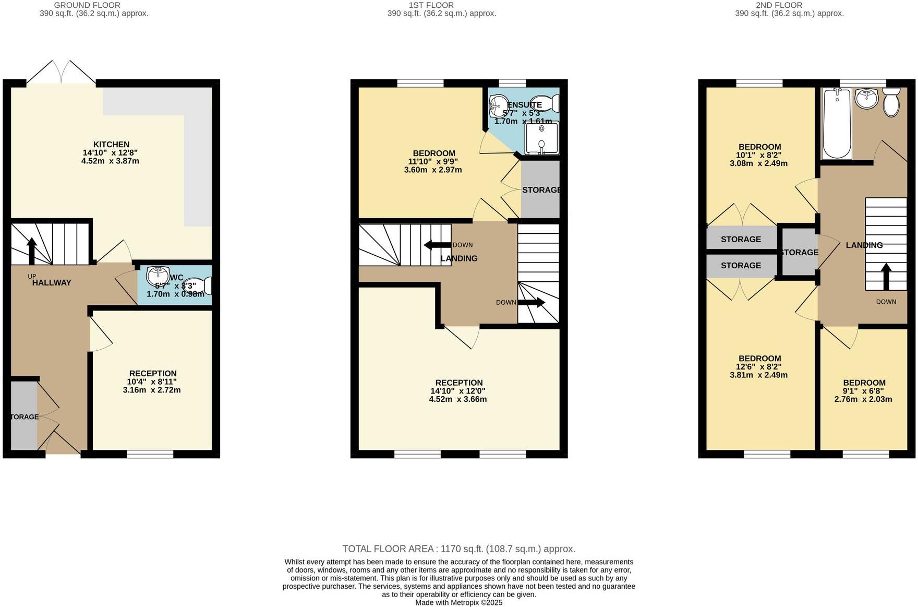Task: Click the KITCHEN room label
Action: point(111,145)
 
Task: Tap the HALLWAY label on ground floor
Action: point(52,283)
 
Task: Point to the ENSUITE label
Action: point(524,105)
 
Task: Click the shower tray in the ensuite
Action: point(541,138)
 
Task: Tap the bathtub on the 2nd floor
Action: point(837,123)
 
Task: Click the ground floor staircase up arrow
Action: point(32,251)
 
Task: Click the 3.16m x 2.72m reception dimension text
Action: point(152,390)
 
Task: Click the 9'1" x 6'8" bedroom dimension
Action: point(863,391)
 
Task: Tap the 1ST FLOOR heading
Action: point(423,5)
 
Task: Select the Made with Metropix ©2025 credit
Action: point(458,602)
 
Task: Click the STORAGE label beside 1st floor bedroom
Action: point(541,190)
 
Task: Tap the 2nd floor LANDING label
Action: point(864,245)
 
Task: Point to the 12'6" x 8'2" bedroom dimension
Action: point(759,367)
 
